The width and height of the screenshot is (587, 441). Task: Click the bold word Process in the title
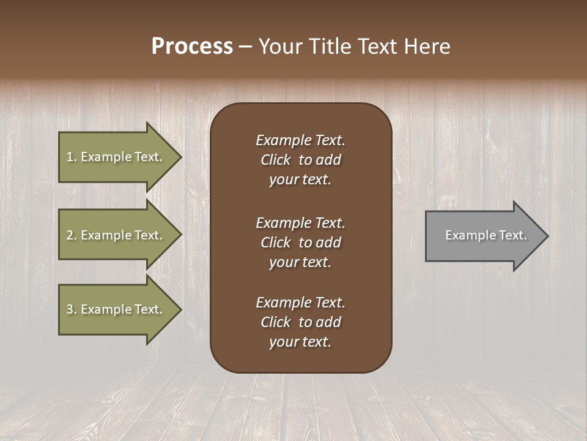point(192,47)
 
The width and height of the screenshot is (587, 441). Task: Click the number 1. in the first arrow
point(72,157)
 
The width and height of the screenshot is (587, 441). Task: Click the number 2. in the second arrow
point(72,235)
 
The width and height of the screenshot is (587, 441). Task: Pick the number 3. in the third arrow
point(72,309)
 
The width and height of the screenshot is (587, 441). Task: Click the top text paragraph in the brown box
point(300,160)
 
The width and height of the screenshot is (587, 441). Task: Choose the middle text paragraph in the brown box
point(300,243)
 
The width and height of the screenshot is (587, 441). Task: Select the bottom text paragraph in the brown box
point(300,322)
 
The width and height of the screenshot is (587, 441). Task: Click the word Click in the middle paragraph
point(276,243)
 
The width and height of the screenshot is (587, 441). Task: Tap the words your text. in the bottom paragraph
point(300,342)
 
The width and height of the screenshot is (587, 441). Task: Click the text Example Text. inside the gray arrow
point(485,235)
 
